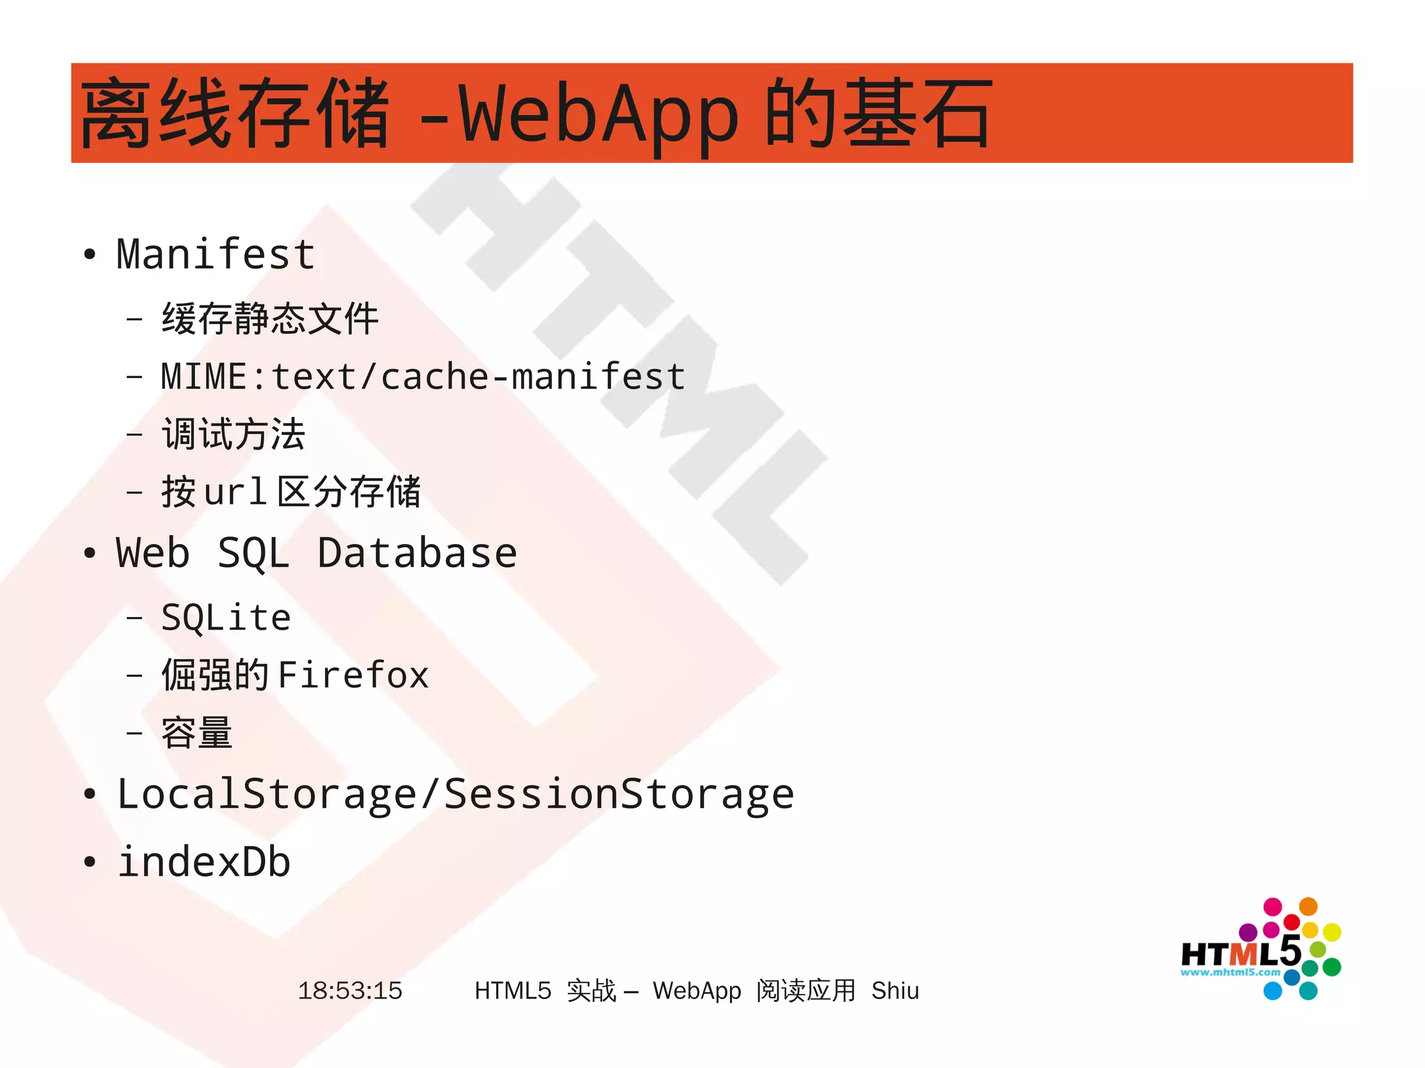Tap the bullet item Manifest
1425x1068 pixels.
[x=216, y=254]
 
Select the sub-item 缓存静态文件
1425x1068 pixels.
[x=270, y=319]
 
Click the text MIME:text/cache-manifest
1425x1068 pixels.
[x=423, y=376]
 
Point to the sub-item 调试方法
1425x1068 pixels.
[x=234, y=434]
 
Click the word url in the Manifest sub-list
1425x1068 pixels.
[x=235, y=492]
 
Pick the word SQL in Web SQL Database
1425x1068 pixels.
[x=253, y=554]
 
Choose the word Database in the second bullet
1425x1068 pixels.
[x=417, y=554]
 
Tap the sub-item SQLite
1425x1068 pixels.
[x=225, y=618]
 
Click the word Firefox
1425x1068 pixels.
[x=353, y=675]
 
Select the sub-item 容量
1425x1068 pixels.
[x=197, y=733]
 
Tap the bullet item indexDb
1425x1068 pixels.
[x=204, y=862]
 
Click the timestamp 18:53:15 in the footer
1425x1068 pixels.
[x=350, y=990]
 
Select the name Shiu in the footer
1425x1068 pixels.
[x=895, y=990]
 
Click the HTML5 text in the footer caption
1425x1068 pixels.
[x=513, y=990]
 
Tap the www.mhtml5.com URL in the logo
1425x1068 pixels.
[x=1229, y=973]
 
